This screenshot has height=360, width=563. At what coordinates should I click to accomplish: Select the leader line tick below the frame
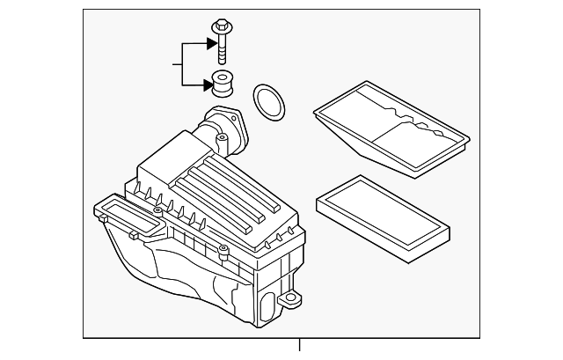point(299,349)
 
